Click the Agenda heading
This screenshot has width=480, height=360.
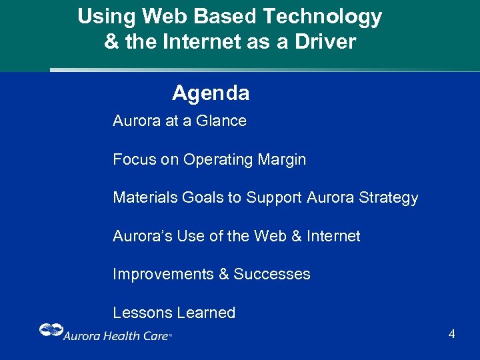pyautogui.click(x=211, y=93)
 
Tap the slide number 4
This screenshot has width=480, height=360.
pyautogui.click(x=451, y=334)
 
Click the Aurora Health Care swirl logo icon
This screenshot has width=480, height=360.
pyautogui.click(x=51, y=330)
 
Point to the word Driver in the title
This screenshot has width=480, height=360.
pyautogui.click(x=326, y=42)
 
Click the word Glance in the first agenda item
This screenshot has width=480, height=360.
pyautogui.click(x=222, y=121)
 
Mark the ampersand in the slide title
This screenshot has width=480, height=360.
pyautogui.click(x=111, y=42)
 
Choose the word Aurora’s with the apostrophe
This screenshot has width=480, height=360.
pyautogui.click(x=143, y=236)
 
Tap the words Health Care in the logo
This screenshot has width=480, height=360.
pyautogui.click(x=135, y=336)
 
